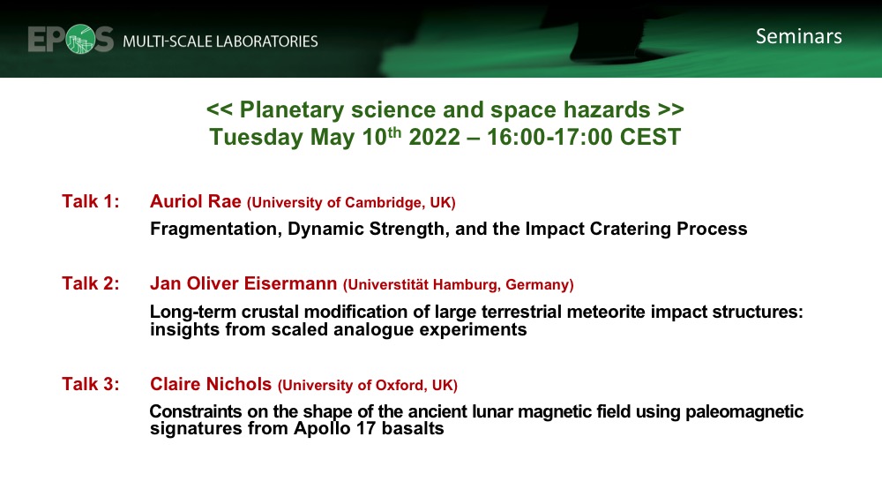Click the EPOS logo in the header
(x=71, y=39)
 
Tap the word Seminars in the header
(x=798, y=36)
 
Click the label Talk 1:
(x=91, y=202)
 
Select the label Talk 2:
(x=91, y=283)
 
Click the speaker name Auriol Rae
(x=196, y=202)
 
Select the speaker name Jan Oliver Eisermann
(x=243, y=283)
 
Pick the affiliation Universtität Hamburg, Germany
(x=459, y=284)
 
